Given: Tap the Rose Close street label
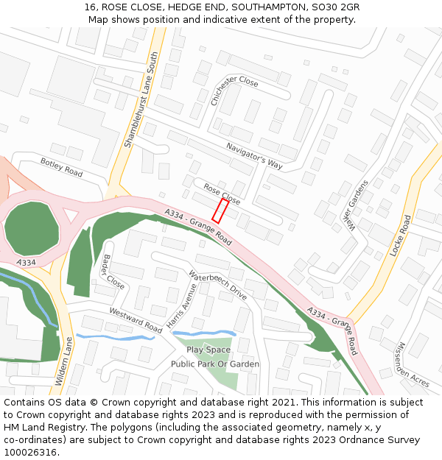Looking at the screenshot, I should click(222, 194).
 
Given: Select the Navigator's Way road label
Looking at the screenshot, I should click(254, 155).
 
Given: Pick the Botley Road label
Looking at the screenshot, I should click(62, 167).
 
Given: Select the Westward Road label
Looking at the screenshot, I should click(136, 320).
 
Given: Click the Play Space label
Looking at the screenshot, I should click(208, 350).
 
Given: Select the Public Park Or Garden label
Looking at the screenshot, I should click(215, 364).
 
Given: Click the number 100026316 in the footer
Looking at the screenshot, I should click(31, 453).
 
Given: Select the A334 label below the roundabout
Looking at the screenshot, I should click(25, 262).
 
